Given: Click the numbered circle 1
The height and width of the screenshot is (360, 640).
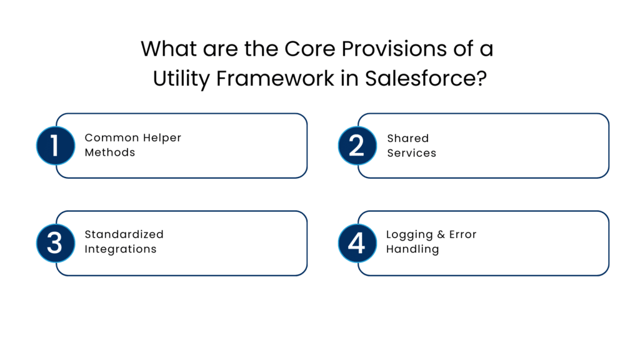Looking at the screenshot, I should point(55,146).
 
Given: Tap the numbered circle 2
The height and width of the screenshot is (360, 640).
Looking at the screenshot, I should point(356,146).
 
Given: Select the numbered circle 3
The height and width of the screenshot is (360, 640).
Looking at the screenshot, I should point(55,242).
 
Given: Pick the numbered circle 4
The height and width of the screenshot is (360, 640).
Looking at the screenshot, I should point(356,242).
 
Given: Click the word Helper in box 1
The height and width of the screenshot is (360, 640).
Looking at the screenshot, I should point(161,137).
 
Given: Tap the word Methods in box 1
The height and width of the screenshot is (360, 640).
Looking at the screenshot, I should point(109,152).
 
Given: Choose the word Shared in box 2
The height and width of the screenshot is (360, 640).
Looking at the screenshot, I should point(407,137).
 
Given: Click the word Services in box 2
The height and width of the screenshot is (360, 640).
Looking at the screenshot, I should point(411,152).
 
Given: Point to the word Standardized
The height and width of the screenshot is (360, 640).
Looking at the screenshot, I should point(124,234).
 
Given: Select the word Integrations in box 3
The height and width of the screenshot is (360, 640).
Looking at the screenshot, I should point(120,249).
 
